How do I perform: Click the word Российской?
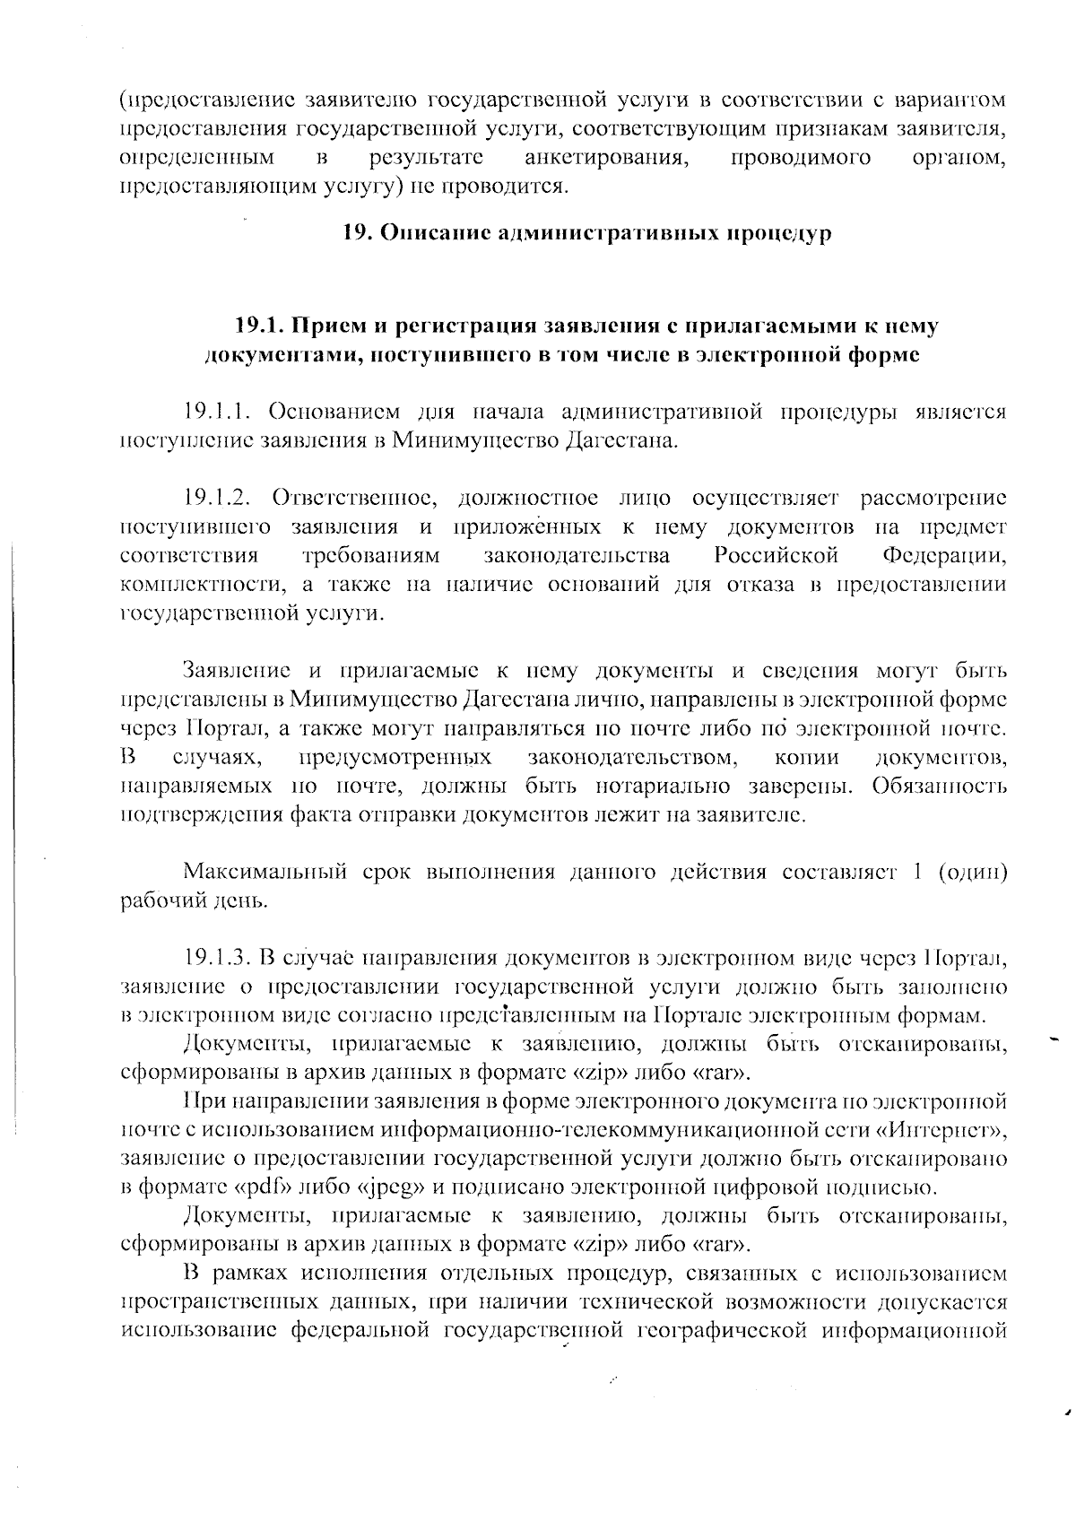click(777, 555)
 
